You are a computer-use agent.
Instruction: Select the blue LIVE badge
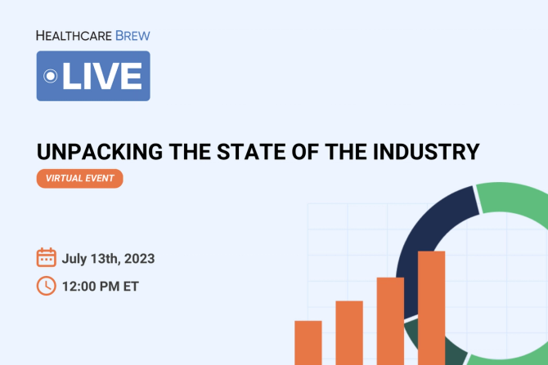(93, 76)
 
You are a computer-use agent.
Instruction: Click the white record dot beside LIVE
(50, 76)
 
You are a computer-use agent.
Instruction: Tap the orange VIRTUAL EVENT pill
(79, 179)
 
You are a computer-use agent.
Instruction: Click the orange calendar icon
(47, 258)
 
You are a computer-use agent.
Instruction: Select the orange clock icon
(47, 285)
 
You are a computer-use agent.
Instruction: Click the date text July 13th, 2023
(108, 259)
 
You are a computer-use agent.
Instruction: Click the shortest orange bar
(308, 342)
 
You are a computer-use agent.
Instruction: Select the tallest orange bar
(431, 307)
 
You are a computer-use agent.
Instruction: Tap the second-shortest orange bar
(349, 332)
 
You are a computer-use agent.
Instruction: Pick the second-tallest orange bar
(390, 320)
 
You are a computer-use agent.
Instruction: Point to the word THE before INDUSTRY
(333, 152)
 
